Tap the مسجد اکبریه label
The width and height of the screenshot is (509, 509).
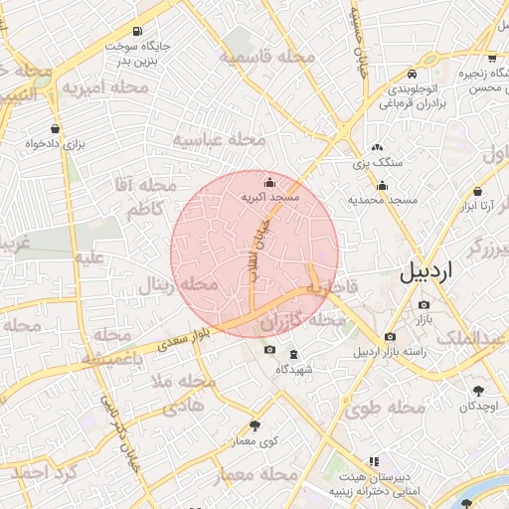click(271, 199)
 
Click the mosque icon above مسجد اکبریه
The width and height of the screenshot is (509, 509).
click(270, 182)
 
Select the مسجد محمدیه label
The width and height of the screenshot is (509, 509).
click(382, 201)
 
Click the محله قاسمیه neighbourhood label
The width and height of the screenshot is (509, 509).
click(267, 58)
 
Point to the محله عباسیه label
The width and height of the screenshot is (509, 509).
click(220, 139)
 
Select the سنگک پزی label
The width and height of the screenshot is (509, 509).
click(379, 161)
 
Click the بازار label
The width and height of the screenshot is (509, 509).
click(424, 320)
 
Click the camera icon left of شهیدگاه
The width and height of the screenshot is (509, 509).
click(269, 350)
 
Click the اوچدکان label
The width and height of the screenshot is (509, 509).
click(480, 407)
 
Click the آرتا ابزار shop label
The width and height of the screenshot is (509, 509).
click(477, 207)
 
